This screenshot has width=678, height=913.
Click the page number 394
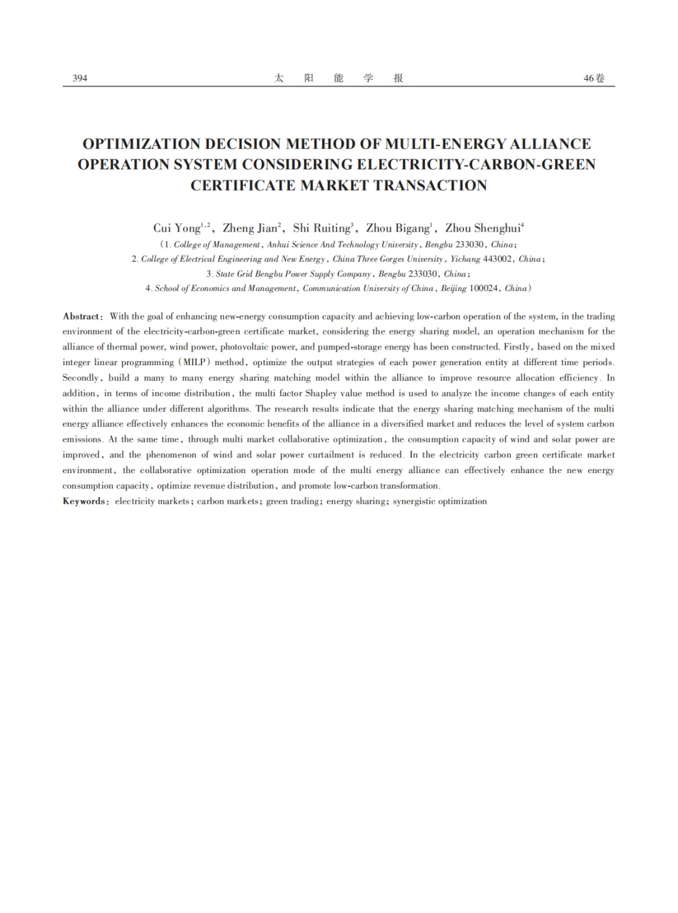coord(80,78)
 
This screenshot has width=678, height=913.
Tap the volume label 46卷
coord(594,78)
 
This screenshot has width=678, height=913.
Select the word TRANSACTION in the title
coord(431,186)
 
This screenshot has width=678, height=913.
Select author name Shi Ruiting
coord(321,228)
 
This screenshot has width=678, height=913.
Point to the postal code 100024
coord(483,289)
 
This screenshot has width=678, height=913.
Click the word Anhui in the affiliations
coord(277,245)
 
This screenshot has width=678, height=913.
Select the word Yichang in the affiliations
coord(465,259)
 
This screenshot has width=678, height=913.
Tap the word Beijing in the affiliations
coord(453,289)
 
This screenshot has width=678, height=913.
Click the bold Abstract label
coord(81,317)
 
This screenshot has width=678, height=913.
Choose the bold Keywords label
coord(84,501)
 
